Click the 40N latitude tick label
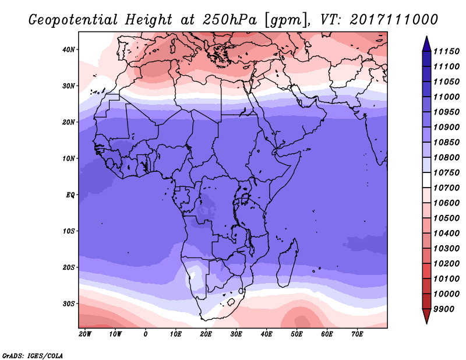pos(68,50)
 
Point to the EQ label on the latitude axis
pos(70,195)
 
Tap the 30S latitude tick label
pos(68,304)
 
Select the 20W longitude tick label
pos(85,334)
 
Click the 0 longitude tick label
pos(145,334)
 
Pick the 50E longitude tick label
pos(296,334)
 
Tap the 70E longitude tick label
pos(357,334)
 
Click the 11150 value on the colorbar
pos(446,51)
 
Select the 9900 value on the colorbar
pos(444,309)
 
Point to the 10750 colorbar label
pos(446,172)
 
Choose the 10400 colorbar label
pos(446,234)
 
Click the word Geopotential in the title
pos(73,20)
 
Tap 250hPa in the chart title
pos(230,20)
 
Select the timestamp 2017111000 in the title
pos(394,20)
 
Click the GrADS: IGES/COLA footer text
pos(33,356)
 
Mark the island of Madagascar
pos(287,264)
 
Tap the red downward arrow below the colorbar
pos(426,316)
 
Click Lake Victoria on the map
pos(245,198)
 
